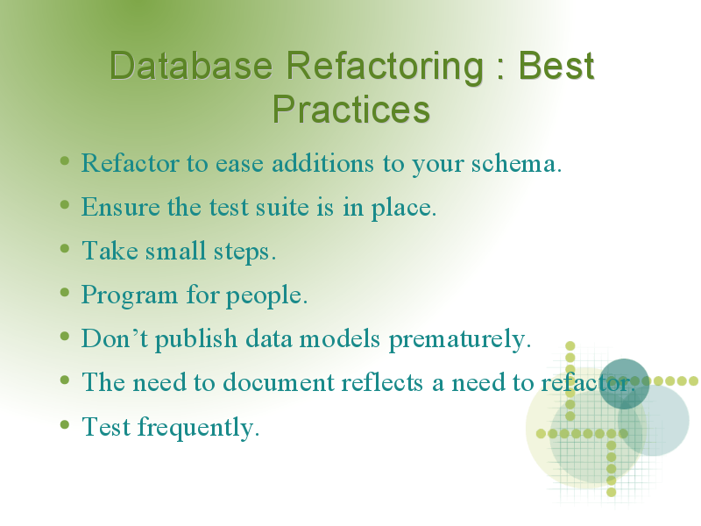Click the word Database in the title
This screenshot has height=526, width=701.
point(191,66)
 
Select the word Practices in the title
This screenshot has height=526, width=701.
point(351,109)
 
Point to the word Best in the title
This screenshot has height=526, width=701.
point(556,66)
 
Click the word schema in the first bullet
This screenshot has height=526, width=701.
point(516,163)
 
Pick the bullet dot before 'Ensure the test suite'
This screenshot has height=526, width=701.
point(65,205)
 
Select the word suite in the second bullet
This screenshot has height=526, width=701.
point(282,207)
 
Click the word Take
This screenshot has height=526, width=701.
point(110,250)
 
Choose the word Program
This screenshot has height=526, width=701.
point(129,295)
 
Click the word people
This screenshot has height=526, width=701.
point(266,295)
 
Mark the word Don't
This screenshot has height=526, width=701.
point(115,338)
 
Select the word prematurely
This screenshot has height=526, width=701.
point(459,339)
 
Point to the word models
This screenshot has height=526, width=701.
point(340,338)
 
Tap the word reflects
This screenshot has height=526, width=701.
point(382,382)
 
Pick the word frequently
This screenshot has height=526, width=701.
point(198,427)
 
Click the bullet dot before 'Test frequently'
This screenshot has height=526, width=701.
point(65,424)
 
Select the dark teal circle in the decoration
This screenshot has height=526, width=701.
point(624,384)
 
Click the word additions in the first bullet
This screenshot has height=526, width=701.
point(322,163)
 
